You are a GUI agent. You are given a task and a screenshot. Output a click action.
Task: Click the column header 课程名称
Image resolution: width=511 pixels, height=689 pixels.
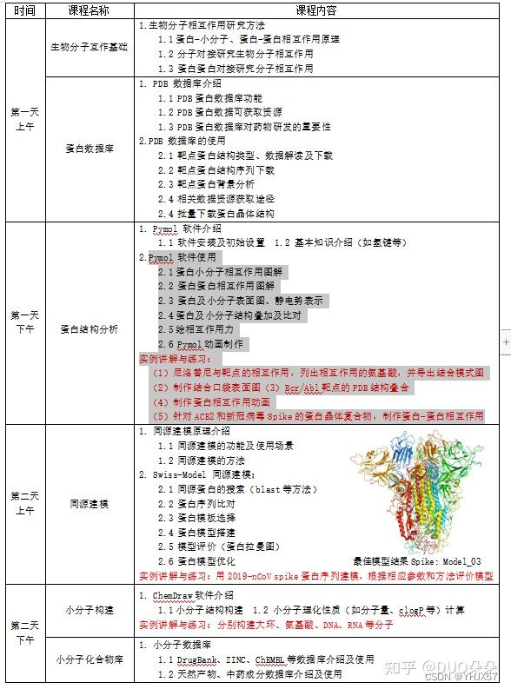click(90, 11)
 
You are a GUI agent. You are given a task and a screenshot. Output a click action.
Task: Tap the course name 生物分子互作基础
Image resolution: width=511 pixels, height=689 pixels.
click(90, 46)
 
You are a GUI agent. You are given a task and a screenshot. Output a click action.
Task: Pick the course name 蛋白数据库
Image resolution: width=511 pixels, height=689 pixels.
click(90, 149)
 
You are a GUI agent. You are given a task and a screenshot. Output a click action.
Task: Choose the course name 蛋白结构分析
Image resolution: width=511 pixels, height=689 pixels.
click(90, 329)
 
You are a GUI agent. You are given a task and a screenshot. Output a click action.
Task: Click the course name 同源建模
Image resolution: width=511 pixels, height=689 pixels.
click(90, 503)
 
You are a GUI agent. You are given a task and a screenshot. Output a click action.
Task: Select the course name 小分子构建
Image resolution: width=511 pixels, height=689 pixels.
click(90, 611)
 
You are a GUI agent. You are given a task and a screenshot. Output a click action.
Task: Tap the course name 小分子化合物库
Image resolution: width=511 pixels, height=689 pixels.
click(90, 659)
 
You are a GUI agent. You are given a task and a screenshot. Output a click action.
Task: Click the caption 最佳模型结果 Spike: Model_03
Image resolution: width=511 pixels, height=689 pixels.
click(417, 561)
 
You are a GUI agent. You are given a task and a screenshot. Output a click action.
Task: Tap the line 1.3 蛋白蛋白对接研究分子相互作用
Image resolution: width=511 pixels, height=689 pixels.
click(235, 67)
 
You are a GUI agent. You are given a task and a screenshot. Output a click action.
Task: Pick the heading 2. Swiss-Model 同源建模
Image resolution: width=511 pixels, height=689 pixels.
click(195, 475)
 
